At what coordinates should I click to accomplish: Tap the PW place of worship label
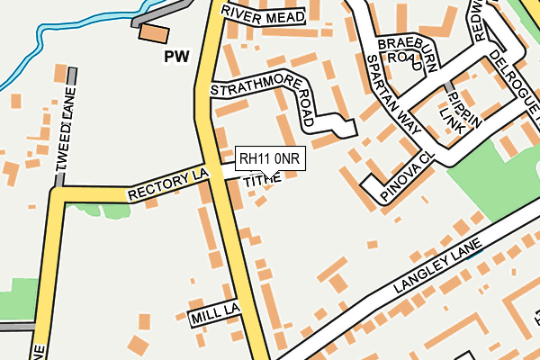point(179,57)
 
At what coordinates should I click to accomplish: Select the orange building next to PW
point(153,33)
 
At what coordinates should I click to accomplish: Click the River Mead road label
point(263,15)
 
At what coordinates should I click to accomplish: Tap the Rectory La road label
point(167,182)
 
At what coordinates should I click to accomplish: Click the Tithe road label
point(262,179)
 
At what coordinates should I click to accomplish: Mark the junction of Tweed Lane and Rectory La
point(59,192)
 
